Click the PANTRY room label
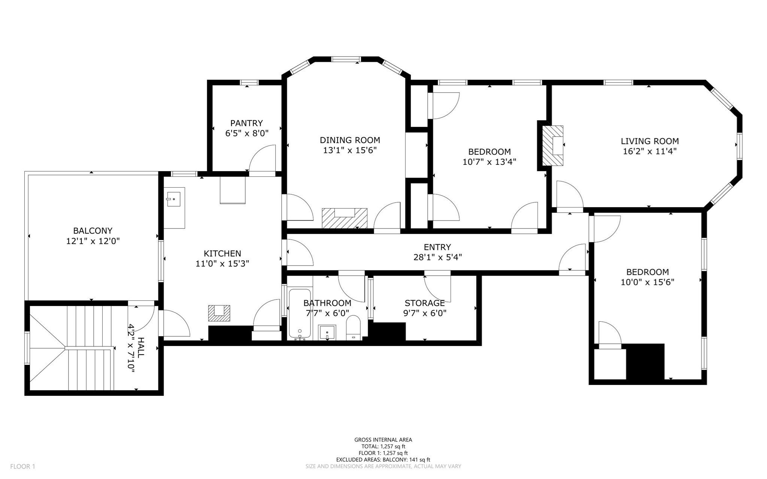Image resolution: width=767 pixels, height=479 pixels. click(246, 123)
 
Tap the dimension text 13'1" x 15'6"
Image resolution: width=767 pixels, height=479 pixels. click(349, 150)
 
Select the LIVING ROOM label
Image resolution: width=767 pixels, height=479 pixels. click(649, 141)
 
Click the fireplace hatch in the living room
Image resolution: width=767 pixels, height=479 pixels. click(553, 146)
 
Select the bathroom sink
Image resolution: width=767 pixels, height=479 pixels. click(327, 332)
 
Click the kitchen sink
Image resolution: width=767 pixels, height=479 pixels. click(174, 199)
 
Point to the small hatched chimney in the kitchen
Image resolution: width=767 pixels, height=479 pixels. click(219, 313)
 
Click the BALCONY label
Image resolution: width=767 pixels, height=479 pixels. click(93, 231)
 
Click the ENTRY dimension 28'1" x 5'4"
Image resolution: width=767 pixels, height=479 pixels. click(437, 257)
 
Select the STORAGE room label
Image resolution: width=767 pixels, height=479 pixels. click(424, 303)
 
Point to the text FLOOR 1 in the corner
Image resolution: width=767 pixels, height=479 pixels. click(22, 466)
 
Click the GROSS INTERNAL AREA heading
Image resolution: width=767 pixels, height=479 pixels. click(383, 440)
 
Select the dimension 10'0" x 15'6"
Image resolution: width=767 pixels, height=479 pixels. click(647, 282)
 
